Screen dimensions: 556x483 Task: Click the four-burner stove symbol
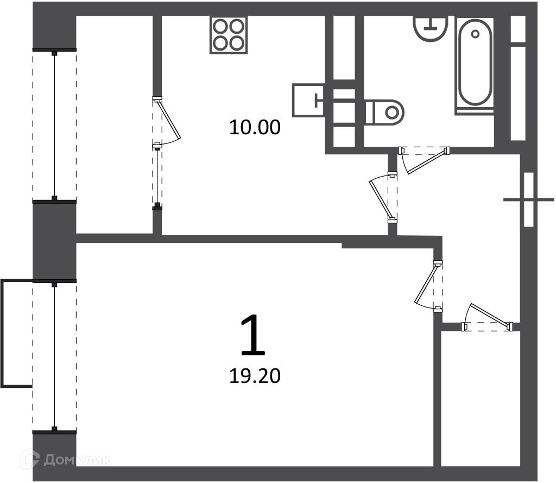coord(229,35)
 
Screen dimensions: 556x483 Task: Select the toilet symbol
coord(385,112)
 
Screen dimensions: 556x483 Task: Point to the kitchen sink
coord(308,100)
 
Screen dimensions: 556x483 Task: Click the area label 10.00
coord(255,127)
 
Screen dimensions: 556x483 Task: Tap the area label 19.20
coord(255,376)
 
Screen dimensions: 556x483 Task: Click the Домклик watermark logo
coord(66,460)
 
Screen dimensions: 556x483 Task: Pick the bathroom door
coord(424,160)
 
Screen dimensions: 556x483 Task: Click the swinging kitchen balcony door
coord(166,121)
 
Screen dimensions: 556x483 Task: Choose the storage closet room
coord(480,399)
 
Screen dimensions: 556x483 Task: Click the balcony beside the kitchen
coord(115,125)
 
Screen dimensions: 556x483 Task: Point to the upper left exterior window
coord(54,126)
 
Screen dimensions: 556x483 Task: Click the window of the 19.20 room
coord(54,356)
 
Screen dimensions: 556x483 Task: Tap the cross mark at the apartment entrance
coord(529,200)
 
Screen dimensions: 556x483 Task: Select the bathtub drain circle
coord(475,34)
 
